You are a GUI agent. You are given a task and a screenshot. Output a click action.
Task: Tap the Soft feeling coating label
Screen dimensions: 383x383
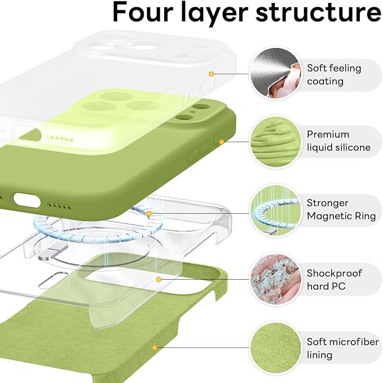pyautogui.click(x=334, y=74)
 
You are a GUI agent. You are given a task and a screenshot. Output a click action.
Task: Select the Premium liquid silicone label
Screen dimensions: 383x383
pyautogui.click(x=338, y=141)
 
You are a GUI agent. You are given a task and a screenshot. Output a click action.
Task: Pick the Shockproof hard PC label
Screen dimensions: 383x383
pyautogui.click(x=334, y=280)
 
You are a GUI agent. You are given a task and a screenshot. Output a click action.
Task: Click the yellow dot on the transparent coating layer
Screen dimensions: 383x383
pyautogui.click(x=211, y=73)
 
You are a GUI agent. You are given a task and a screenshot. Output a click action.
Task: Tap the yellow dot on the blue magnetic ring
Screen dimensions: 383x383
pyautogui.click(x=149, y=214)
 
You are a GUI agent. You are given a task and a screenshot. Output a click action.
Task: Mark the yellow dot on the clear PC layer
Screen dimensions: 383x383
pyautogui.click(x=159, y=279)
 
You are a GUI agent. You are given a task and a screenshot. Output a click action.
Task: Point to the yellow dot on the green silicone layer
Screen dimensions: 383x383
pyautogui.click(x=222, y=141)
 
